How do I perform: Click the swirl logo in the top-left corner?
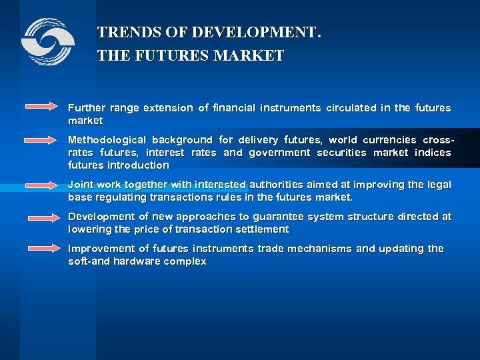pos(47,41)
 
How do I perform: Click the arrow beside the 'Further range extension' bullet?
pos(43,107)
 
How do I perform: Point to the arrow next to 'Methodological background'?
pos(43,140)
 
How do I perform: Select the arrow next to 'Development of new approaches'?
pos(43,217)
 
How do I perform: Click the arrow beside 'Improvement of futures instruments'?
pos(43,248)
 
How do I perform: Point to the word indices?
pos(433,153)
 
